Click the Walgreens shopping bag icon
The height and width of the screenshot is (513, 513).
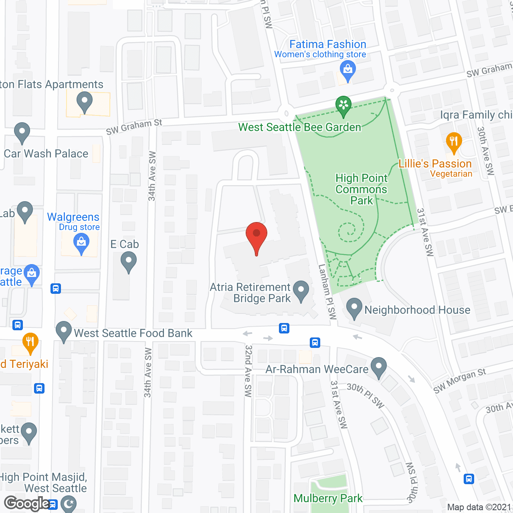81,243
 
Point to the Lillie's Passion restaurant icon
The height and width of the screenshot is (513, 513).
454,142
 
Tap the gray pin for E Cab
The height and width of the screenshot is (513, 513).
129,262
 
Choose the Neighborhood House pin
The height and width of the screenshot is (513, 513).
354,308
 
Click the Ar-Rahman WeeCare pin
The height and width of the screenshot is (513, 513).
379,367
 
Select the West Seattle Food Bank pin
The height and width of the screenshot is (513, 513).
64,331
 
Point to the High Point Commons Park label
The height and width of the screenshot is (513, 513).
362,189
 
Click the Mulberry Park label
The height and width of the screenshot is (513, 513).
328,498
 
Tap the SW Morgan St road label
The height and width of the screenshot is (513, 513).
459,380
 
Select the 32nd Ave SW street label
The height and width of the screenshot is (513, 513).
248,371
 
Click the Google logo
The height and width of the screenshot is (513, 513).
27,503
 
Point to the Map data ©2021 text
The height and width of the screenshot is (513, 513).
479,507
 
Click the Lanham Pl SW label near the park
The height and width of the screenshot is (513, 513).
327,291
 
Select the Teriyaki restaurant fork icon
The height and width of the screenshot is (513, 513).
30,343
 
